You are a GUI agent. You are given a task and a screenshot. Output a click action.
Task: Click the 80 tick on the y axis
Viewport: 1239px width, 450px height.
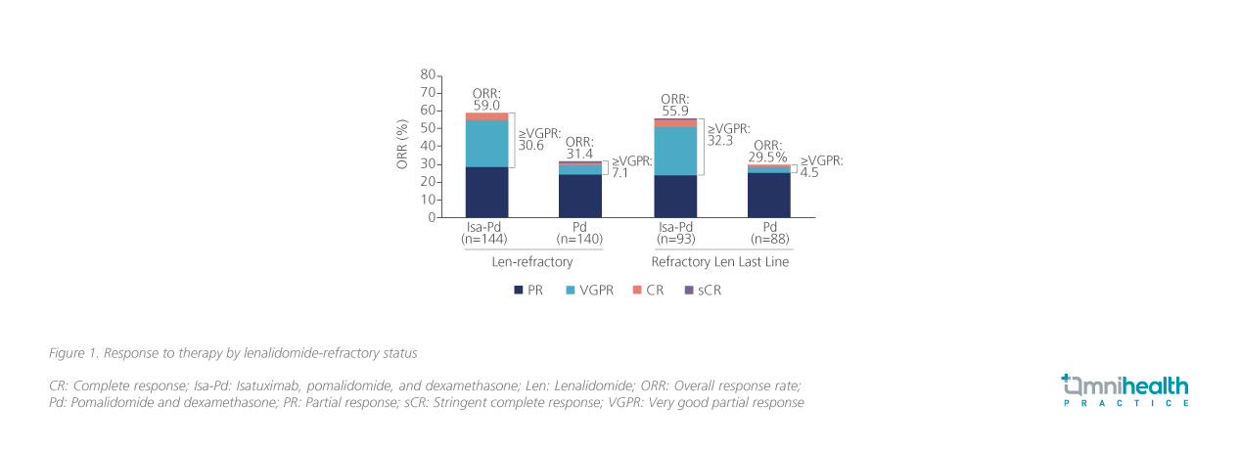[427, 74]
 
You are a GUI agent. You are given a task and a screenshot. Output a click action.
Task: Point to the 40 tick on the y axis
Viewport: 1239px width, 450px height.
[427, 146]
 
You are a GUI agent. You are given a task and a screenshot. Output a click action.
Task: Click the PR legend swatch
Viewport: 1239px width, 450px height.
[518, 291]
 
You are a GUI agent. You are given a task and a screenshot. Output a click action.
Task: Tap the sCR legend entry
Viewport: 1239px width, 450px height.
[701, 291]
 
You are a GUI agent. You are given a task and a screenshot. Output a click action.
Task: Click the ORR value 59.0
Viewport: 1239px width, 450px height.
[486, 105]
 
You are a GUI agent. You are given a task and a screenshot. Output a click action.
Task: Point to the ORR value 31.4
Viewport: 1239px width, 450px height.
[580, 154]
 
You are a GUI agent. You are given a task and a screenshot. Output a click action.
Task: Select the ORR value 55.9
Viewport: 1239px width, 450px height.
[675, 112]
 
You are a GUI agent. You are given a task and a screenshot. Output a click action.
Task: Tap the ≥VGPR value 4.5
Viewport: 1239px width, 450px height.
[810, 174]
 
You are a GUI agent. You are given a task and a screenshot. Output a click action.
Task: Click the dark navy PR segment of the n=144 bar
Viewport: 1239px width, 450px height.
[486, 192]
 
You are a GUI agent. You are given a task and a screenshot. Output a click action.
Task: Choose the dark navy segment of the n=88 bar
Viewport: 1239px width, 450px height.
[769, 195]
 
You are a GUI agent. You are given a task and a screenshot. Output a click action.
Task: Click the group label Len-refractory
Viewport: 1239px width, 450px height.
[532, 263]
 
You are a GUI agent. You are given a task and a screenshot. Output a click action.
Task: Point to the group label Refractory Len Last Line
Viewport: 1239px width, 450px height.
[722, 263]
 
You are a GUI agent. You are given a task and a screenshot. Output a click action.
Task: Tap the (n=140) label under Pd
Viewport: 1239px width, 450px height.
[580, 238]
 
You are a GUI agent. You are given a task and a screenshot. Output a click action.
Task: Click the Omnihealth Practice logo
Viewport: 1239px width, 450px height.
[1125, 388]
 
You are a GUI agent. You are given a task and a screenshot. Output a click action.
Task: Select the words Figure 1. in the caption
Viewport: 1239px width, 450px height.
[74, 351]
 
